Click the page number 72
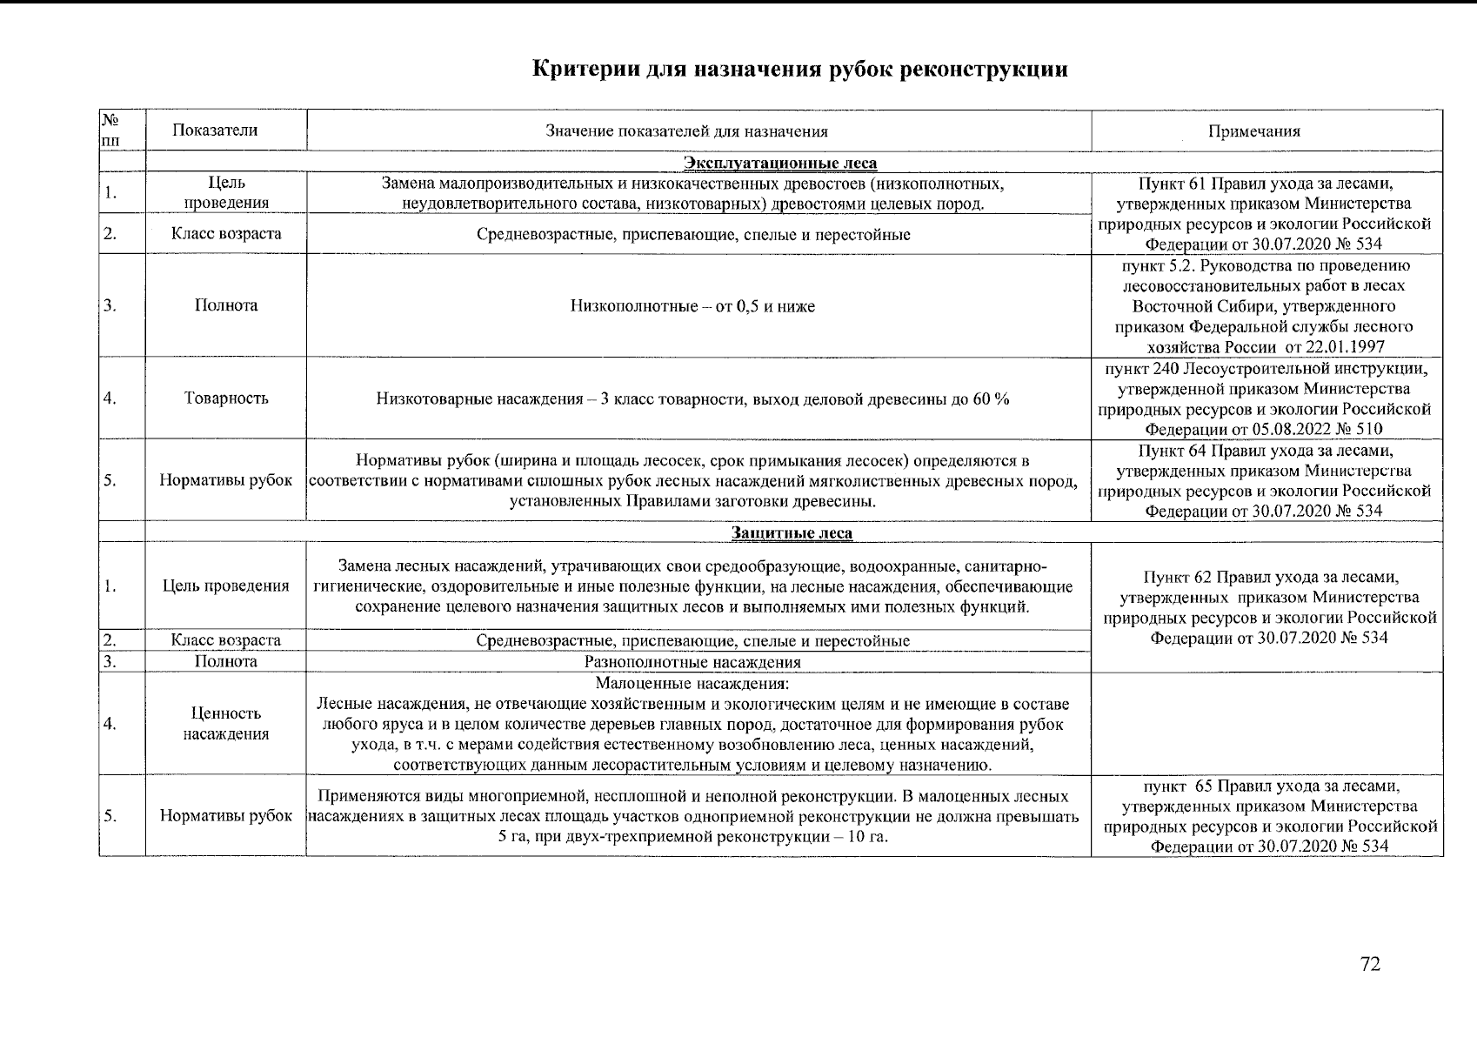click(x=1370, y=965)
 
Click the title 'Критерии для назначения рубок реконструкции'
click(x=799, y=70)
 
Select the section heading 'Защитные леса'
click(x=792, y=532)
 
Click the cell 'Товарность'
click(x=226, y=398)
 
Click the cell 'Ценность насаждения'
click(x=226, y=724)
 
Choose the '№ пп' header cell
click(x=111, y=130)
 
